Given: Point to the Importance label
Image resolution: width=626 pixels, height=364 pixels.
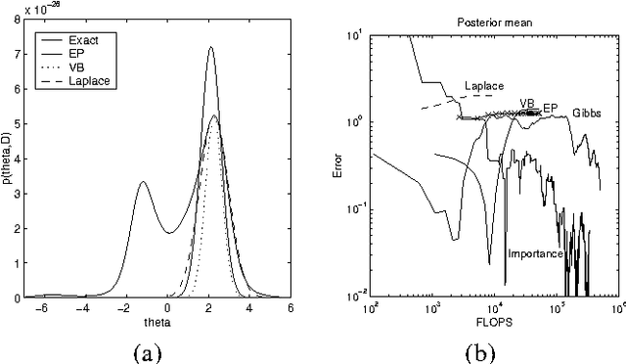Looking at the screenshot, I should [x=535, y=254].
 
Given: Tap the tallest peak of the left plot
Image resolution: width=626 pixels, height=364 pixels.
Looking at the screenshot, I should [x=210, y=47].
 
